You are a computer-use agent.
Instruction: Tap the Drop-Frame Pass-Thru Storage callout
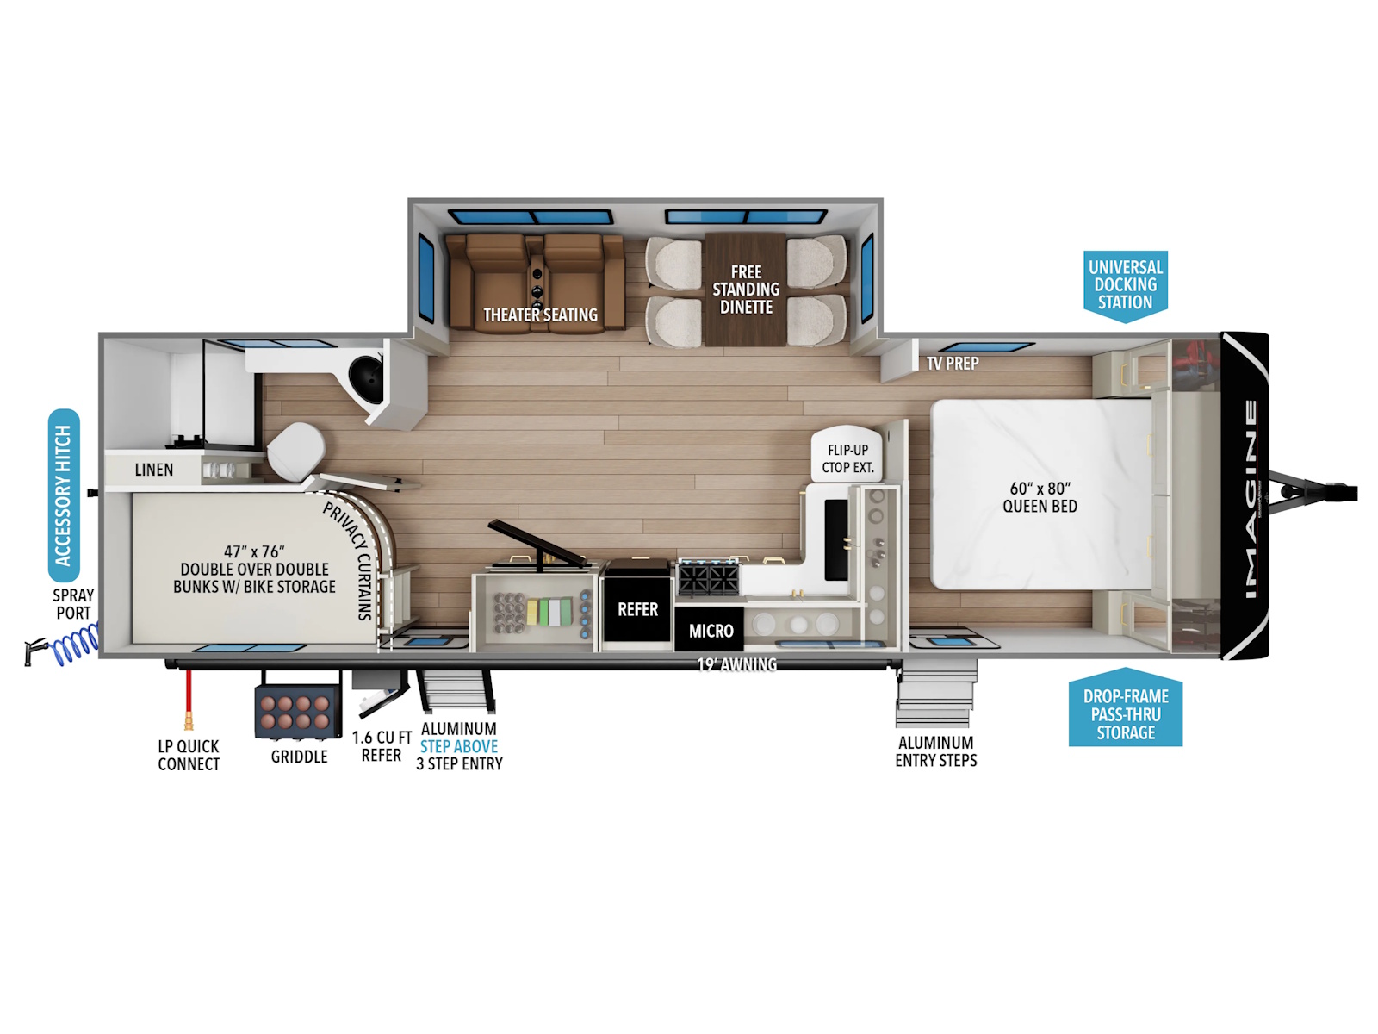click(1125, 709)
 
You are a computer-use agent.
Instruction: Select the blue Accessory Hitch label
click(64, 495)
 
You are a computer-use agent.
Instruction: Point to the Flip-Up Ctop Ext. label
click(847, 459)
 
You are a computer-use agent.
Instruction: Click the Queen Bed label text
click(1040, 497)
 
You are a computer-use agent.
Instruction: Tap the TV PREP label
click(953, 364)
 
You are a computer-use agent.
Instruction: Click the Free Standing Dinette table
click(745, 290)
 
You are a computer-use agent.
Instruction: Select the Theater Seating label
click(540, 315)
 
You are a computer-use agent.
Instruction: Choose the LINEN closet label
click(154, 470)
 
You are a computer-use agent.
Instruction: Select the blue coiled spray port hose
click(77, 645)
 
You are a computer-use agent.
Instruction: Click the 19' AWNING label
click(736, 664)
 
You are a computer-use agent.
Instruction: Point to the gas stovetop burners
click(708, 577)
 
